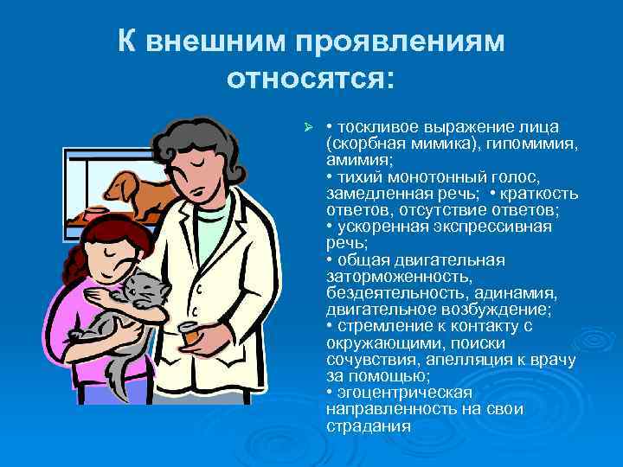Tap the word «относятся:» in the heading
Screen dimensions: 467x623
(x=310, y=80)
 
